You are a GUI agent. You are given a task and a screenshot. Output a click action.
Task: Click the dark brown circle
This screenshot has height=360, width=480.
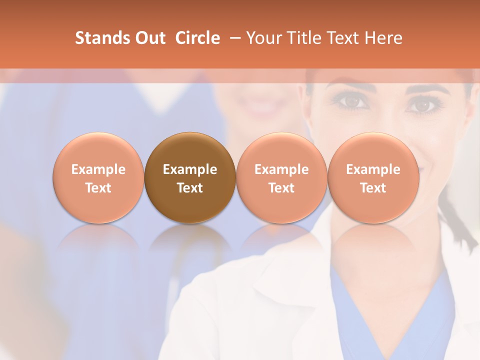click(190, 178)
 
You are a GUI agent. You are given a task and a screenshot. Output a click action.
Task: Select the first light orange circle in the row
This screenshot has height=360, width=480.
click(98, 178)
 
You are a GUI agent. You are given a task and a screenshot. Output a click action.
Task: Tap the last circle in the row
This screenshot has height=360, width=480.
click(373, 178)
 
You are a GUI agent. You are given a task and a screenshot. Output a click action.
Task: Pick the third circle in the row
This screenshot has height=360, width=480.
click(281, 178)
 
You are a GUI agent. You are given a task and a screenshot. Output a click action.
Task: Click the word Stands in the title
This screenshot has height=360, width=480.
click(100, 38)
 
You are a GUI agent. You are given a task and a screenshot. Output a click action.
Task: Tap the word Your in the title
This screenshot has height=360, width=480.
click(263, 38)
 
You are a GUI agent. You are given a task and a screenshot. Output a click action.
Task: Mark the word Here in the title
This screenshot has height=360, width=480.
click(384, 38)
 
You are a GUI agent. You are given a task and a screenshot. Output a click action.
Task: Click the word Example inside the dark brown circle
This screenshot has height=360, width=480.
click(190, 169)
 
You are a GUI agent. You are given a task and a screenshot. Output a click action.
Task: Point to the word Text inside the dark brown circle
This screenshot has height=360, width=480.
click(190, 188)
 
